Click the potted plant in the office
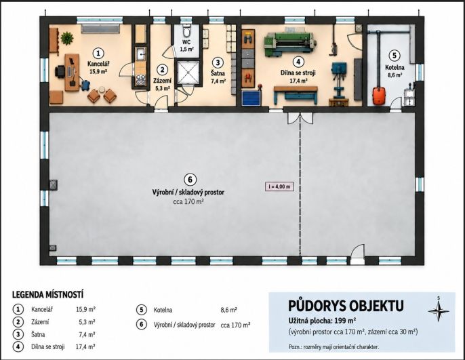click(67, 38)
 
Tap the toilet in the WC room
click(186, 31)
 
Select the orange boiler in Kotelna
click(379, 95)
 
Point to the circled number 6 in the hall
click(190, 180)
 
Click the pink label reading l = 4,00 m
click(279, 186)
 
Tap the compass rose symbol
click(439, 311)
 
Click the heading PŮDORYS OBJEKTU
click(346, 306)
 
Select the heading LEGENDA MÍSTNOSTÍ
click(47, 295)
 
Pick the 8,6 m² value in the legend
click(228, 311)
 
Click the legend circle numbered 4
click(18, 346)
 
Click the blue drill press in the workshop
click(339, 80)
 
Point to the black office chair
click(60, 72)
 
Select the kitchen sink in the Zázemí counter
click(140, 54)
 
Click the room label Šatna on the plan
click(218, 73)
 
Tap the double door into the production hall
click(300, 119)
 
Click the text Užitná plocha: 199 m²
click(322, 320)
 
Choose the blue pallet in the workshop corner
click(251, 98)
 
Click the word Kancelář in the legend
click(42, 309)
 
